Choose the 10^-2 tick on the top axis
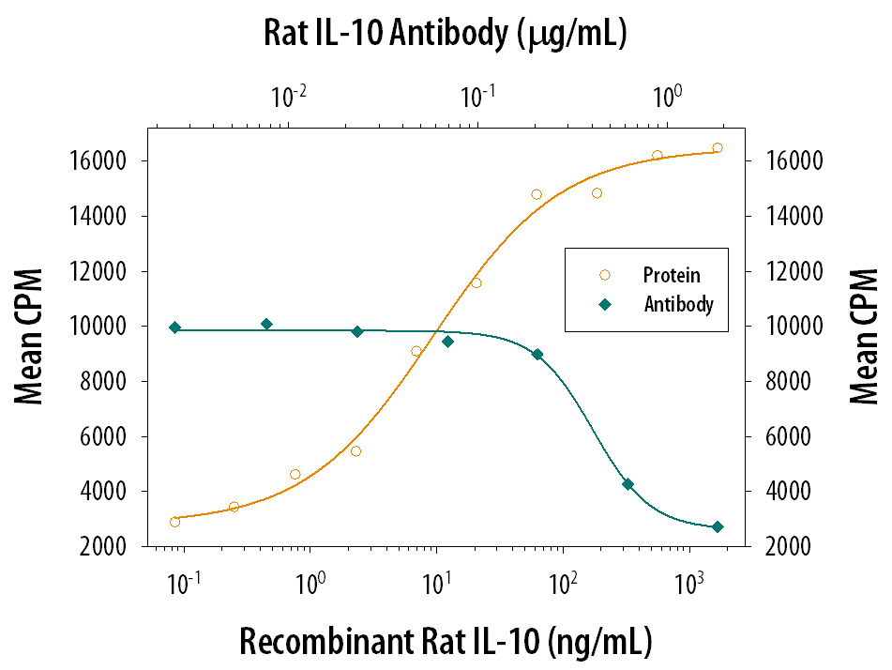[288, 96]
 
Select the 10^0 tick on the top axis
[665, 96]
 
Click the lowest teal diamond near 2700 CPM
[718, 527]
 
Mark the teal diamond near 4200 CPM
[627, 484]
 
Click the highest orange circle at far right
[718, 147]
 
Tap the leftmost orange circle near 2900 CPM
[175, 522]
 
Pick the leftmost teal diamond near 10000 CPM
[175, 327]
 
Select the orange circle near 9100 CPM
[416, 351]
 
